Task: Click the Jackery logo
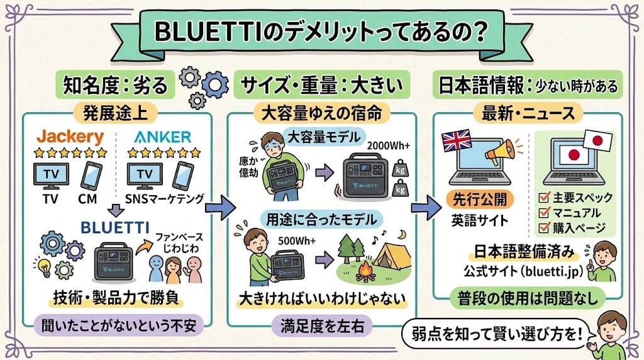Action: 70,137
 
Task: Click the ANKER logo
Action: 162,137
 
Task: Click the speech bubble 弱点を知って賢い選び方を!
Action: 496,334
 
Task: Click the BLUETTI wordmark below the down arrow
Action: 115,227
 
